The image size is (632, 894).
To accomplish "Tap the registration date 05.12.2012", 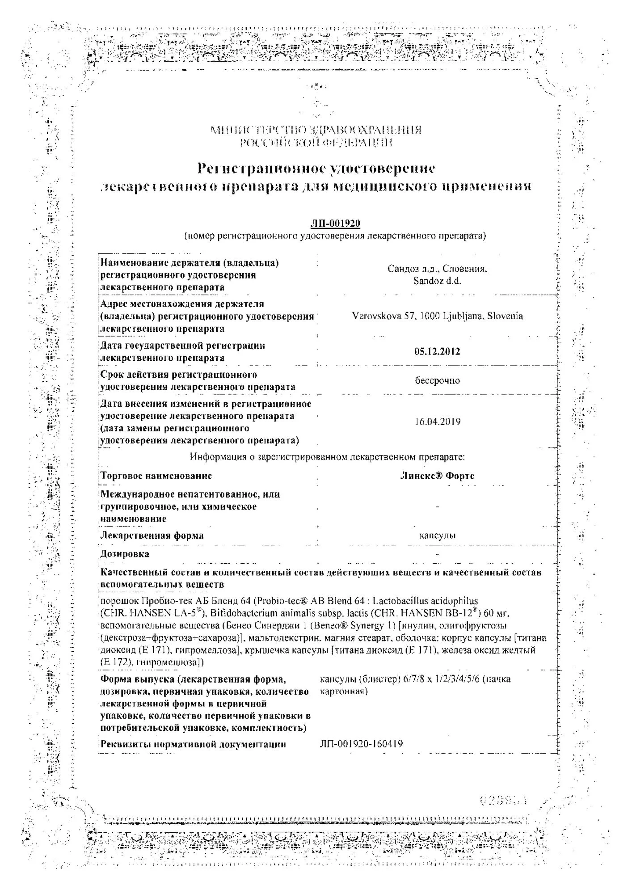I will (437, 351).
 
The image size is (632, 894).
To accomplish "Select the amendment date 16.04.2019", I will (437, 422).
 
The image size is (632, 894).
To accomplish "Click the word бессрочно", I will (437, 380).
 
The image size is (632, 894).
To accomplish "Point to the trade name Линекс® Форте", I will (437, 476).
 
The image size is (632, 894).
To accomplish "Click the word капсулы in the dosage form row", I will (437, 535).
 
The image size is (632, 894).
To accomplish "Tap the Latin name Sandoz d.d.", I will (437, 281).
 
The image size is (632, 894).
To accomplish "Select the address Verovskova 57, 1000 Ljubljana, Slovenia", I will (437, 316).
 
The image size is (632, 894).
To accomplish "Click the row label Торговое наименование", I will (156, 476).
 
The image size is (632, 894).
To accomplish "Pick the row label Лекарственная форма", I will (152, 535).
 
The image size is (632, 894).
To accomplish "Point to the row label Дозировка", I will (125, 554).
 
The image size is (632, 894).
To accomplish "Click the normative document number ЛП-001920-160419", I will (361, 744).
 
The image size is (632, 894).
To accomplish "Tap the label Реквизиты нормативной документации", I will (193, 744).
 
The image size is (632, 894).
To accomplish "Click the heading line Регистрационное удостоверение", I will (316, 169).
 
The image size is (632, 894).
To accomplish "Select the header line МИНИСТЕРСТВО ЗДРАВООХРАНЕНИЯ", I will (316, 130).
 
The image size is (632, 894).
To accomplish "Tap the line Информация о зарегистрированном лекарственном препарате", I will (327, 457).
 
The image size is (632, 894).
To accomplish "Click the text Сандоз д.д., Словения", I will (437, 269).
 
